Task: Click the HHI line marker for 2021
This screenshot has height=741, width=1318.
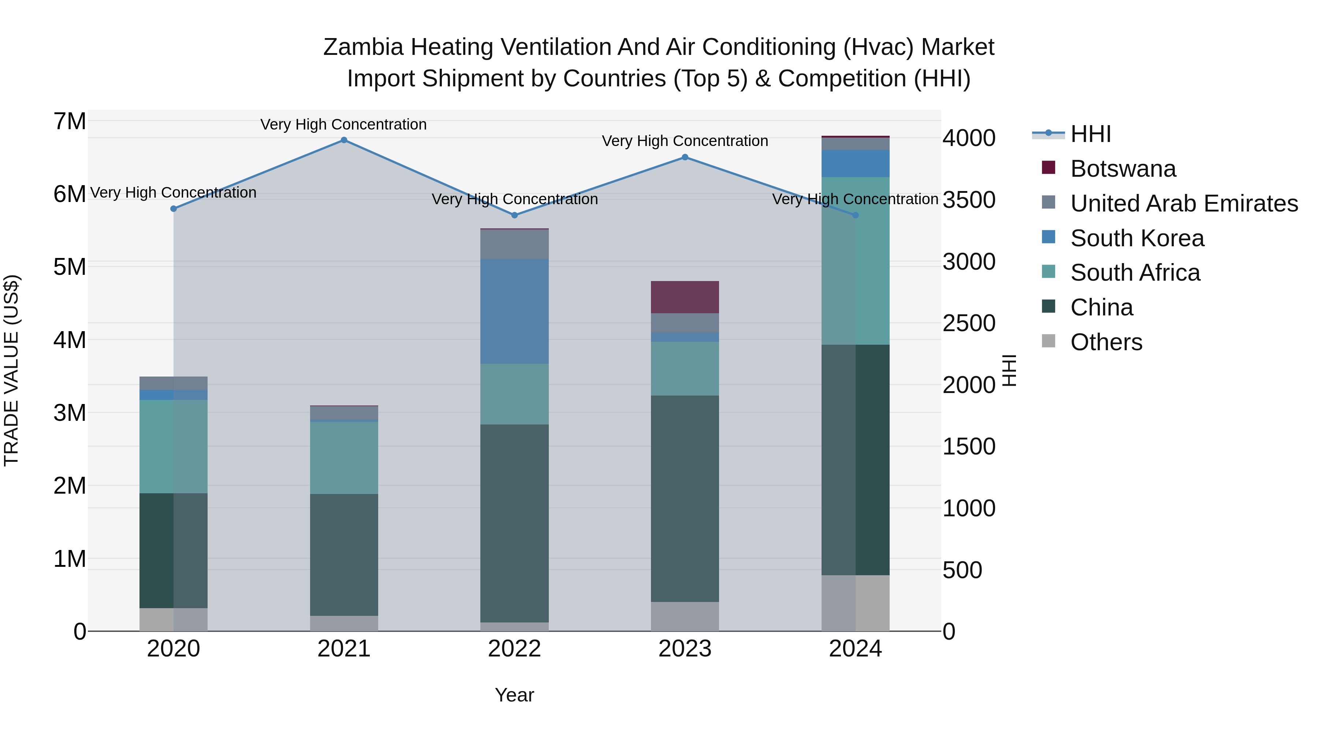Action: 344,140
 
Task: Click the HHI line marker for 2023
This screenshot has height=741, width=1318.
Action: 685,157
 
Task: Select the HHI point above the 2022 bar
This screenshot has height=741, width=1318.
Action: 515,215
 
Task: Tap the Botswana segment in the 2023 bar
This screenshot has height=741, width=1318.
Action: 685,297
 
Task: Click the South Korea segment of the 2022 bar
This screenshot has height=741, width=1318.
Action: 514,311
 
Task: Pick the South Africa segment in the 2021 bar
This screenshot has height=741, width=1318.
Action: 344,458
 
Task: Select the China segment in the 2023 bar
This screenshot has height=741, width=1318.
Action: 685,499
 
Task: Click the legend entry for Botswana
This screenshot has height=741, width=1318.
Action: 1123,169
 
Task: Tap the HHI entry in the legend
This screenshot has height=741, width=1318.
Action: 1090,134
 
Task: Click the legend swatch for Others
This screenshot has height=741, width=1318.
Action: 1049,341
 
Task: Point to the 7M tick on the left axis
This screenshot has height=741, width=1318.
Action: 70,122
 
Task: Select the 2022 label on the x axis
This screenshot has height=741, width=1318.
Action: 514,649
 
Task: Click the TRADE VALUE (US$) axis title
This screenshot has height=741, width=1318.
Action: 11,370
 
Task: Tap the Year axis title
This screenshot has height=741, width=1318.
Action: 514,695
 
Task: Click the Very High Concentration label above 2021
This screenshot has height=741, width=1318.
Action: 343,124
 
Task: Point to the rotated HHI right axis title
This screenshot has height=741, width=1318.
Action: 1009,370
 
